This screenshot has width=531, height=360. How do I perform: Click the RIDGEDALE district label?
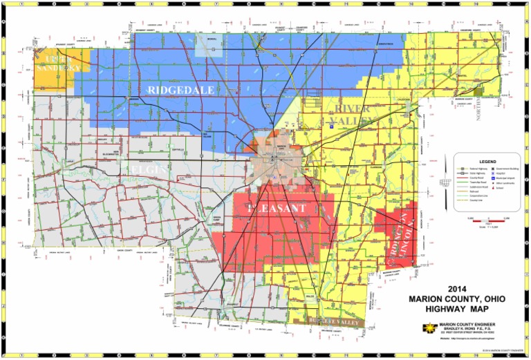tap(180, 90)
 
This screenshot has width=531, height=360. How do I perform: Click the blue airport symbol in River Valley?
tap(331, 126)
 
